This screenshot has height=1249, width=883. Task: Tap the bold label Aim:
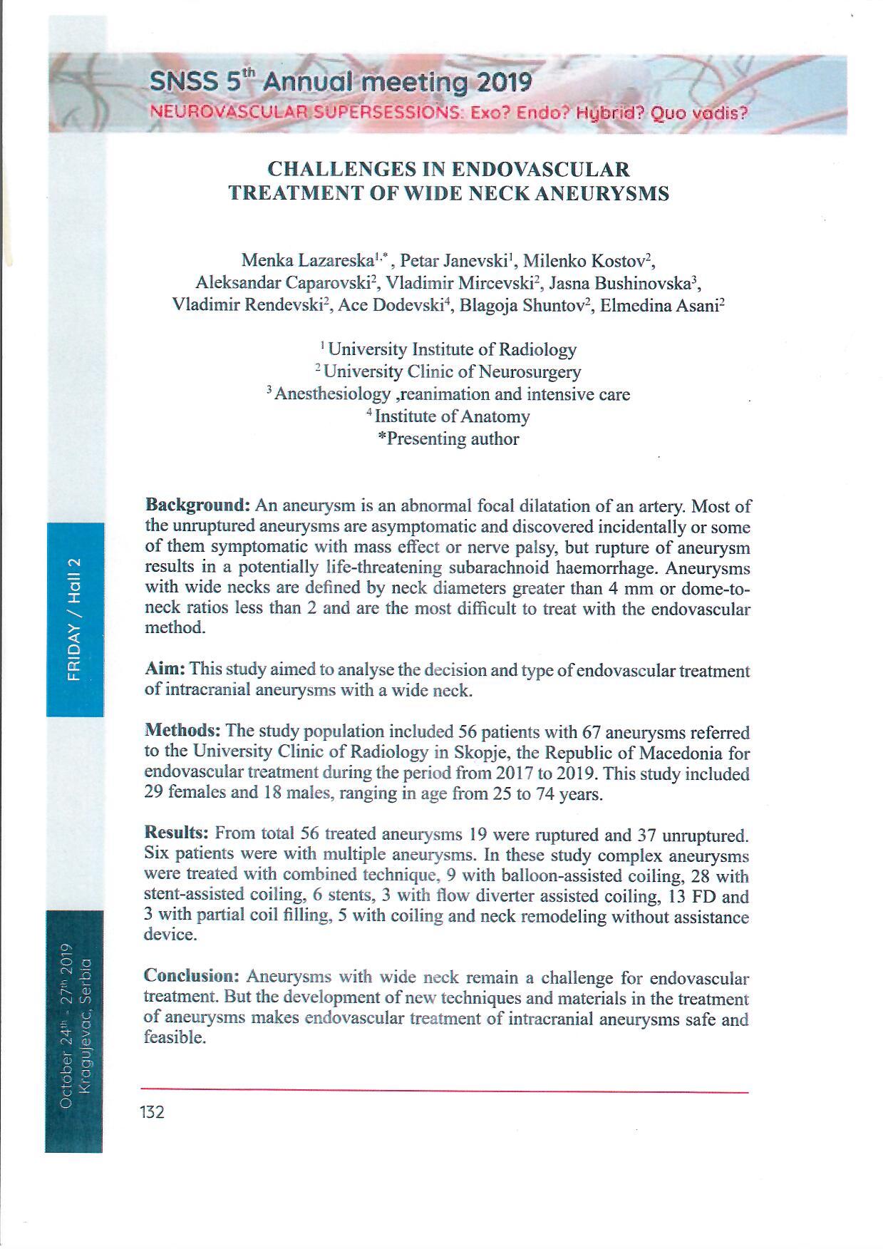(165, 669)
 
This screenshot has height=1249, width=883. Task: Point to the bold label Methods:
(182, 731)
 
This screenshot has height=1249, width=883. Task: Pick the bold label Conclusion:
(192, 976)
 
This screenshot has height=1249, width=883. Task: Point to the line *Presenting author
(448, 439)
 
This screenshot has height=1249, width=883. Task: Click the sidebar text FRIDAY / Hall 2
(75, 620)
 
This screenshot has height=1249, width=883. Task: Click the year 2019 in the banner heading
(504, 83)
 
